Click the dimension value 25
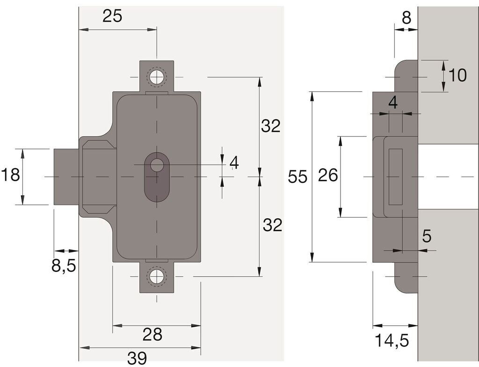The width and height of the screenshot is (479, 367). [x=112, y=16]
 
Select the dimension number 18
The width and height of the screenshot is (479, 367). [x=10, y=176]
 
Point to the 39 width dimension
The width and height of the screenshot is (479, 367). [x=137, y=358]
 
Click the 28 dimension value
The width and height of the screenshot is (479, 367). [x=152, y=334]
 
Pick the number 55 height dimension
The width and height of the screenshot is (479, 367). [x=298, y=177]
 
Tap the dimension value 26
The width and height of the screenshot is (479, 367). [x=328, y=176]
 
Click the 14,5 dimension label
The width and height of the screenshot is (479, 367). [x=392, y=340]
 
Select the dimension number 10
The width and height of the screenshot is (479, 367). [x=457, y=75]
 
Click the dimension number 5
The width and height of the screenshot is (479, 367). [x=427, y=236]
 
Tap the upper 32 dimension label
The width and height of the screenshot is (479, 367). [x=271, y=126]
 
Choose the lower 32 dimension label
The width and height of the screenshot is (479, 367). [x=273, y=226]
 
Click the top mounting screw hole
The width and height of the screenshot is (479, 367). [x=157, y=77]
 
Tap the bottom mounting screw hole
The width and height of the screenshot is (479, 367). [x=157, y=276]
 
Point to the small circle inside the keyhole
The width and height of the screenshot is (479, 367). [x=157, y=165]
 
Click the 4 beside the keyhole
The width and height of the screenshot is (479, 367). [x=234, y=163]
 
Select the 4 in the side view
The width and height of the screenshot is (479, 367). [x=393, y=103]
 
